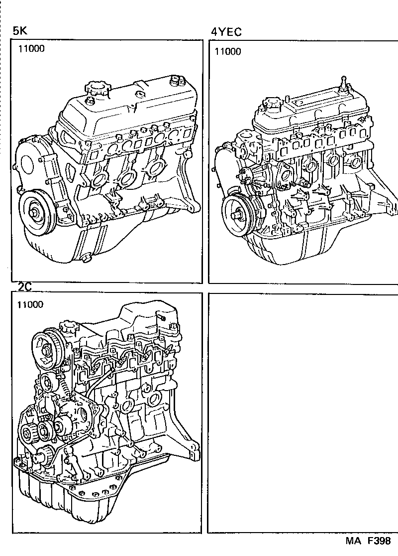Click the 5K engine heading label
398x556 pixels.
tap(20, 31)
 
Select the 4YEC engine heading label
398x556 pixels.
tap(226, 32)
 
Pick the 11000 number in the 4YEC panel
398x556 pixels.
tap(227, 51)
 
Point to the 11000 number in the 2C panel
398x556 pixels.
tap(30, 304)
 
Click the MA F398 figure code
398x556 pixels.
tap(368, 541)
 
